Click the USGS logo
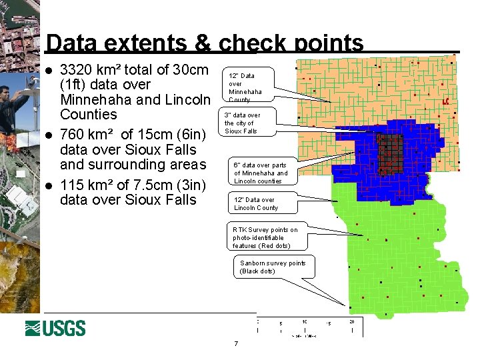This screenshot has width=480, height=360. point(55,328)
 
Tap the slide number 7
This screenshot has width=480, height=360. point(236,344)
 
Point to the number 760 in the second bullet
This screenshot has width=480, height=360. point(75,135)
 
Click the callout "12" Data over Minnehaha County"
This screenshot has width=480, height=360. point(247,87)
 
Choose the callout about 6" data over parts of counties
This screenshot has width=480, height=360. point(261,173)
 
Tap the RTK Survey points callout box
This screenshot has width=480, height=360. point(265,237)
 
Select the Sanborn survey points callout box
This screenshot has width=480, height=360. point(272,267)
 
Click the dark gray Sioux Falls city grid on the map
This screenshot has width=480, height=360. point(390,154)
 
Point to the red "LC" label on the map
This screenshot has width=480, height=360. point(445,101)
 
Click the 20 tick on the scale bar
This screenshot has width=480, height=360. point(352,322)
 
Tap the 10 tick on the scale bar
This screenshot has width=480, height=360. point(304,322)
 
